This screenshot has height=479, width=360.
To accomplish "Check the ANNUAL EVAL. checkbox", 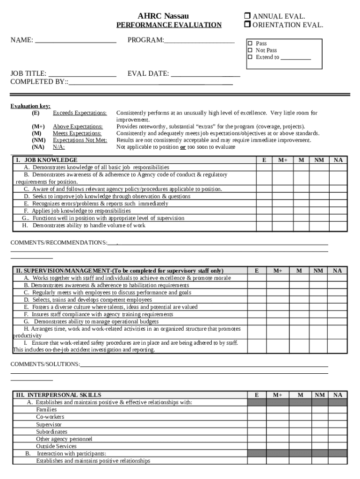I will pos(248,17).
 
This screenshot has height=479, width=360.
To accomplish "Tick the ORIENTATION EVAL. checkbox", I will pos(248,25).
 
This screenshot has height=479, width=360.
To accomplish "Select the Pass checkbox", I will pos(250,44).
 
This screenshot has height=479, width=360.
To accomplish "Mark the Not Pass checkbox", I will pos(250,50).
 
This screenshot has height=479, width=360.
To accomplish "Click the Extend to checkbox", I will pos(250,57).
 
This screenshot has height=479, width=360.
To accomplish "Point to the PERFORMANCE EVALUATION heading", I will pos(169,25).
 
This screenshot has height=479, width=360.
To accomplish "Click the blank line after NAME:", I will pos(76,41).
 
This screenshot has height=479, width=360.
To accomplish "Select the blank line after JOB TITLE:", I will pos(82,74).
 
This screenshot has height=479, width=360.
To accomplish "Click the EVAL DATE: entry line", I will pos(205,74).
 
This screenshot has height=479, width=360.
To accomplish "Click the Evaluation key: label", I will pos(30,106).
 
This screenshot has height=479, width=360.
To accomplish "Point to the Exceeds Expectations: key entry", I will pos(79,113).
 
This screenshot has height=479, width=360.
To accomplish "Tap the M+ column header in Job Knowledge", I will pos(283,160).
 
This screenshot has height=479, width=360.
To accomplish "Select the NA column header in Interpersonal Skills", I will pos(338,395).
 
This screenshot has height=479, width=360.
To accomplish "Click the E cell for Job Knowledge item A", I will pos(264,167).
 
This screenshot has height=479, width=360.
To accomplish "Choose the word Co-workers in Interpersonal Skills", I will pos(50,417).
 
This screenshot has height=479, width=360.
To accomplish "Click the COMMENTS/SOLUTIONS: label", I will pos(45,364).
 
